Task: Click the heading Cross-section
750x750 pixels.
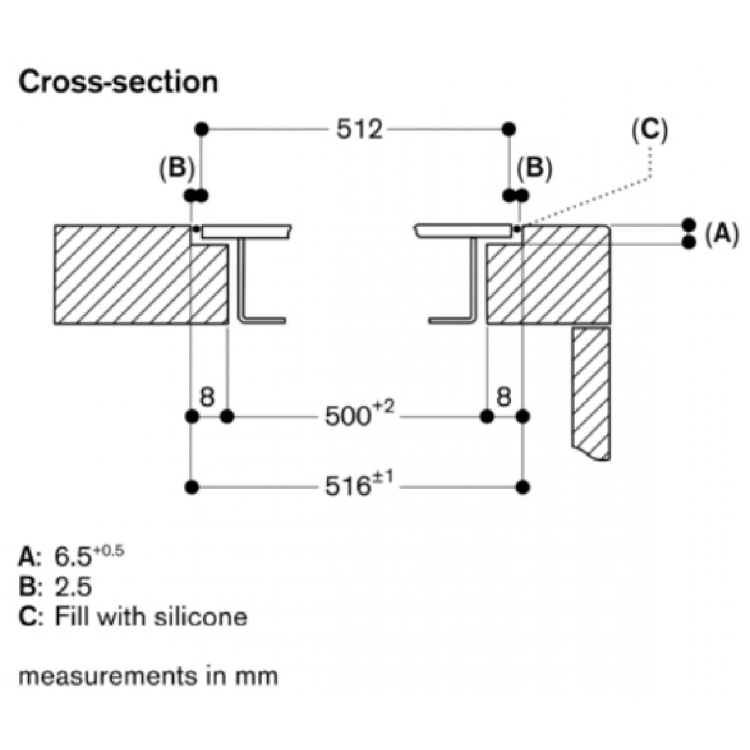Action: point(119,82)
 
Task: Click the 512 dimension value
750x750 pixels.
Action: point(358,129)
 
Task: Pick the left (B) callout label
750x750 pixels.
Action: point(177,169)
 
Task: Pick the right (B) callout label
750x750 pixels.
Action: point(534,169)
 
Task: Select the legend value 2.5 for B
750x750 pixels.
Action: point(74,586)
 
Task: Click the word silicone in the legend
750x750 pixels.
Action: point(207,617)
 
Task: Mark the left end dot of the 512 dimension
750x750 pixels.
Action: point(201,129)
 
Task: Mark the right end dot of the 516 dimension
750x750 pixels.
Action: point(524,486)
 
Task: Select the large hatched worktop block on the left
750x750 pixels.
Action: point(125,275)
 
